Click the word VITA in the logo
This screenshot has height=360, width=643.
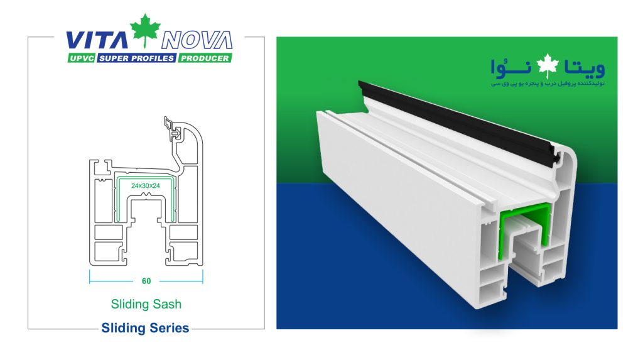pyautogui.click(x=97, y=40)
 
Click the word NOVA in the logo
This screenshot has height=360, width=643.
pyautogui.click(x=197, y=40)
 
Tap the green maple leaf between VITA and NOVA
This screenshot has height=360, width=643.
pyautogui.click(x=146, y=31)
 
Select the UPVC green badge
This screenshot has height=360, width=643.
pyautogui.click(x=80, y=58)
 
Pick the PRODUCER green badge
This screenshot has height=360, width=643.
pyautogui.click(x=204, y=58)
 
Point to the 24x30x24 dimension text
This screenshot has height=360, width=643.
pyautogui.click(x=146, y=187)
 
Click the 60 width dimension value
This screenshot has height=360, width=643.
pyautogui.click(x=146, y=281)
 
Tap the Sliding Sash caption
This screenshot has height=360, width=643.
pyautogui.click(x=146, y=304)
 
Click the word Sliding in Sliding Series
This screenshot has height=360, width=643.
pyautogui.click(x=123, y=328)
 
